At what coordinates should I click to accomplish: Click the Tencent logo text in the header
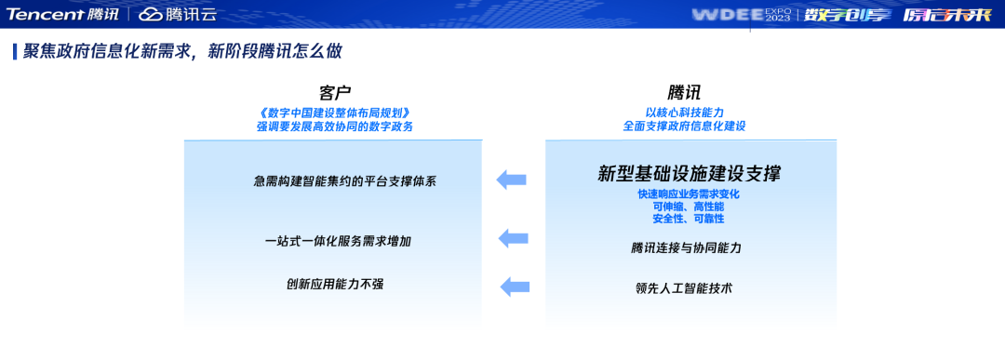[x=47, y=14]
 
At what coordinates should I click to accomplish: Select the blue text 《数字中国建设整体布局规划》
[x=334, y=112]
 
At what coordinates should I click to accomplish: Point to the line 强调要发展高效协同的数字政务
[x=334, y=126]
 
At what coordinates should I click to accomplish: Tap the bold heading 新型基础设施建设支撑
[x=689, y=174]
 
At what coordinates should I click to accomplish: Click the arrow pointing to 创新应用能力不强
[x=515, y=286]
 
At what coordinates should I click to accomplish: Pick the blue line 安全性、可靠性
[x=688, y=219]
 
